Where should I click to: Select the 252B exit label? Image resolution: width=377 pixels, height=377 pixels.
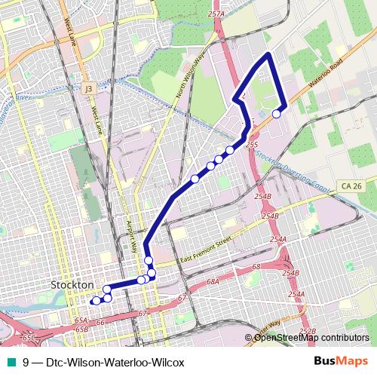[x=307, y=331]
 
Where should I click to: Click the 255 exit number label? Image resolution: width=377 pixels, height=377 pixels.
[x=253, y=144]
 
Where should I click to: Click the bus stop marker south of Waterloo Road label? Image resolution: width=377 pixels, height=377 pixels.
[x=277, y=114]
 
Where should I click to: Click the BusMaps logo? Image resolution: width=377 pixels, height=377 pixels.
[x=342, y=361]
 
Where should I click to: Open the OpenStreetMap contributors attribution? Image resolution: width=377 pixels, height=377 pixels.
[x=311, y=338]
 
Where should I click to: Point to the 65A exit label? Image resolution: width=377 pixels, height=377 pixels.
[x=81, y=320]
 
